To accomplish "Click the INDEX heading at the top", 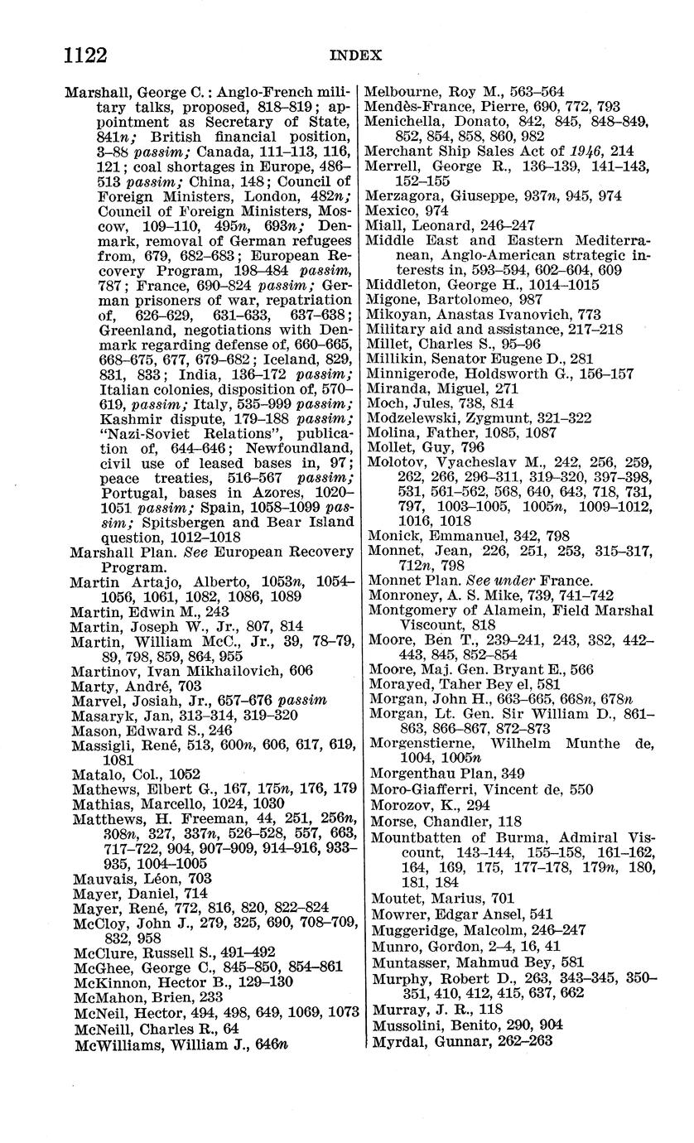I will tap(355, 56).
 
